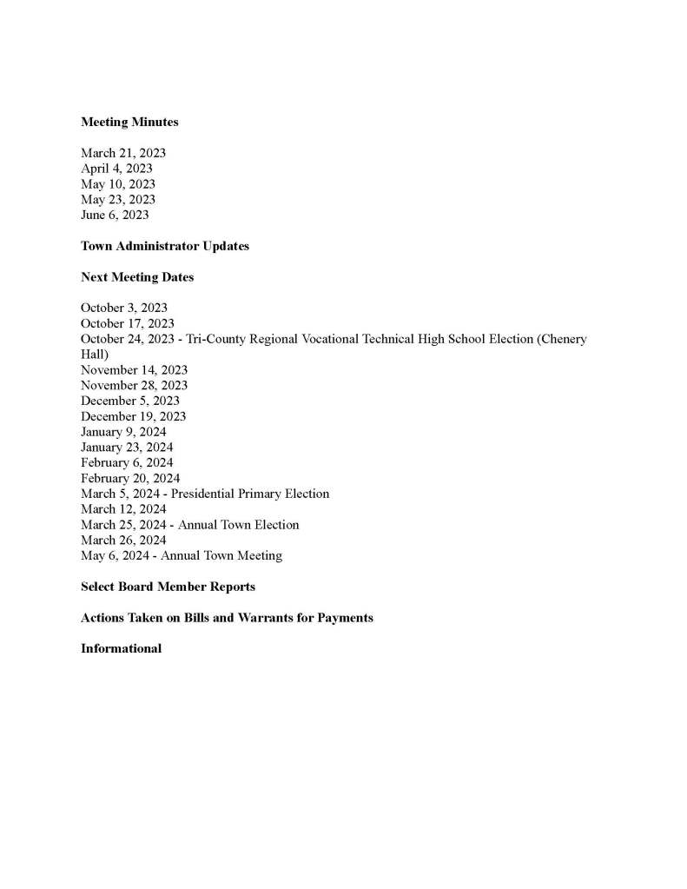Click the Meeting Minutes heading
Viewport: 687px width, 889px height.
(x=129, y=123)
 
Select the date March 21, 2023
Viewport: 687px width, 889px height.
(x=123, y=153)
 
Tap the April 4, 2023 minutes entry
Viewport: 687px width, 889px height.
(x=116, y=169)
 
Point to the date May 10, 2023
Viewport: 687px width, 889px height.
(x=118, y=184)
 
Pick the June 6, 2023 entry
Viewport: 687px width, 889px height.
(x=115, y=216)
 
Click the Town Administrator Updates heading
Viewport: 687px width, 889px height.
(x=165, y=246)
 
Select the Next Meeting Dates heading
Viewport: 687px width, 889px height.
(x=137, y=277)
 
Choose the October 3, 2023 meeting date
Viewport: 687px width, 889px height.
(x=124, y=308)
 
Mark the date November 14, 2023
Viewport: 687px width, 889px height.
(x=134, y=370)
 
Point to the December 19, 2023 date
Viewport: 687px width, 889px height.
(x=133, y=416)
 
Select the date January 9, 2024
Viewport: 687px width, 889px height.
(x=123, y=432)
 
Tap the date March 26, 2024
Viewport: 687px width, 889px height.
(x=123, y=541)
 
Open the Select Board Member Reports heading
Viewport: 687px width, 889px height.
(x=168, y=587)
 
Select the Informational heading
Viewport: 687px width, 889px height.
(x=121, y=648)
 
